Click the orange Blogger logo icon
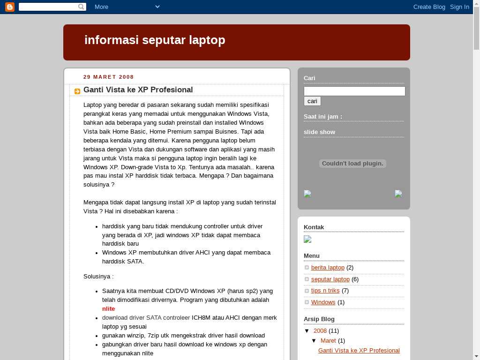(x=9, y=7)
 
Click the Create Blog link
(x=429, y=7)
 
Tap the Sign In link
(x=459, y=7)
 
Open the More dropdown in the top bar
(x=127, y=7)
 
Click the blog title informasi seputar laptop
(x=155, y=40)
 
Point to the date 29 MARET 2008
(x=109, y=77)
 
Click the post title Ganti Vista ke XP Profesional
(x=138, y=90)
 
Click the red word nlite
(x=108, y=309)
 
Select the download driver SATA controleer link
(x=146, y=318)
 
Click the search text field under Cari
(x=354, y=91)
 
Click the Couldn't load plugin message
(x=352, y=164)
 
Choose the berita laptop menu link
(x=328, y=268)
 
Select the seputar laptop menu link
(x=330, y=279)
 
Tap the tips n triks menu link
(x=325, y=291)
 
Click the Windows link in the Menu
(x=323, y=302)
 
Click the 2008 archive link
(x=320, y=331)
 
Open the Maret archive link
(x=328, y=341)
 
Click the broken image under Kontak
(x=307, y=240)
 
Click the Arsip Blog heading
(x=319, y=319)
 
